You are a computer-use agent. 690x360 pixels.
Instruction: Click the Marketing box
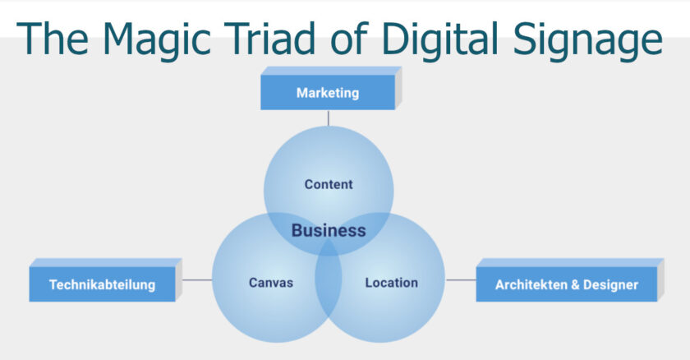(328, 93)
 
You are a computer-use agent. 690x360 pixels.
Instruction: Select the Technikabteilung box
(102, 284)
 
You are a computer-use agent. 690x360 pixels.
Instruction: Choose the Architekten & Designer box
(567, 284)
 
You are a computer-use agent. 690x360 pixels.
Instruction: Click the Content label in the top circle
(329, 184)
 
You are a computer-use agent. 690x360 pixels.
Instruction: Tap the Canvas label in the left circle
(271, 283)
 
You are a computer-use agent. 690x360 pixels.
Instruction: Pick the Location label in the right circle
(391, 283)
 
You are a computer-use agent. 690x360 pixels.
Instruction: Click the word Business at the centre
(329, 230)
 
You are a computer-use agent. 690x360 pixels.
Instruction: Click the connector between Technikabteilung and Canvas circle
(195, 280)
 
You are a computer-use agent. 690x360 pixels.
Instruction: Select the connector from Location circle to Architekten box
(461, 280)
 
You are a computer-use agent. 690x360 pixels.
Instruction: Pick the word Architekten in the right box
(530, 285)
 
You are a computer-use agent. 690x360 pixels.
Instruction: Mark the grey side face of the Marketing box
(398, 89)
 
